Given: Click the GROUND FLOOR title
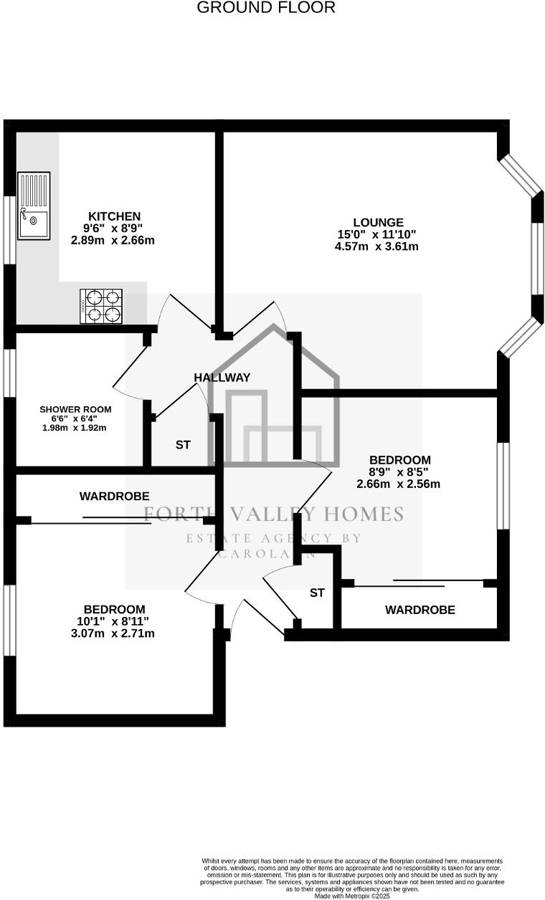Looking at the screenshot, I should (x=266, y=8).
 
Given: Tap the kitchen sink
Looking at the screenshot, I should (x=34, y=206).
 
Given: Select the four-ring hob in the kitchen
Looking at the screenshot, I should (x=101, y=306).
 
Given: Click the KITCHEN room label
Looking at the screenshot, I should (x=114, y=216).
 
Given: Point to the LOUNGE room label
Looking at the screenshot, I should (x=378, y=222).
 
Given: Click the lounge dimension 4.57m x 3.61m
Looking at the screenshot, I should (x=376, y=246).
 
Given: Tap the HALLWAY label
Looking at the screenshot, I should (x=222, y=377).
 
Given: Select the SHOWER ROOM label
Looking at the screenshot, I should (x=75, y=409).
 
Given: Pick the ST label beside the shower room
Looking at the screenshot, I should (x=183, y=444).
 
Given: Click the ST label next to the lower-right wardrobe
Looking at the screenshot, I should (x=317, y=593).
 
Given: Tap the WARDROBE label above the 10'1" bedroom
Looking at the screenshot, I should (x=115, y=495).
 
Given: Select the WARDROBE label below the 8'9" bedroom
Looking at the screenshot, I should (x=420, y=610).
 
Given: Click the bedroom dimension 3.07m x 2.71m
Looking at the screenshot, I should (x=113, y=633).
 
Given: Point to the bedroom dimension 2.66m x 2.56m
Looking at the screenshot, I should (x=398, y=484).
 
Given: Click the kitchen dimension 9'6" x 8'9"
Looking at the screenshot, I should (x=113, y=229).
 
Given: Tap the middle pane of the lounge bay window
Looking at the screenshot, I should (x=537, y=259).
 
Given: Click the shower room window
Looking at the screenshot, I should (x=9, y=373).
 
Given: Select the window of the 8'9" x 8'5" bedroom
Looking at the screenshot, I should (x=503, y=485).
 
